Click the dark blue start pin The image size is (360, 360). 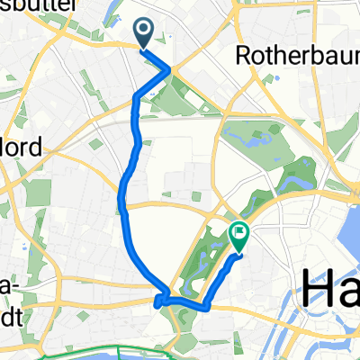tap(144, 34)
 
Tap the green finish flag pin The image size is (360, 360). tap(240, 236)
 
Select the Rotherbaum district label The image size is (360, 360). tap(296, 56)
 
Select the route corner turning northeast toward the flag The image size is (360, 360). tap(209, 306)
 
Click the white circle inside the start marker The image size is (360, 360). tap(144, 31)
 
